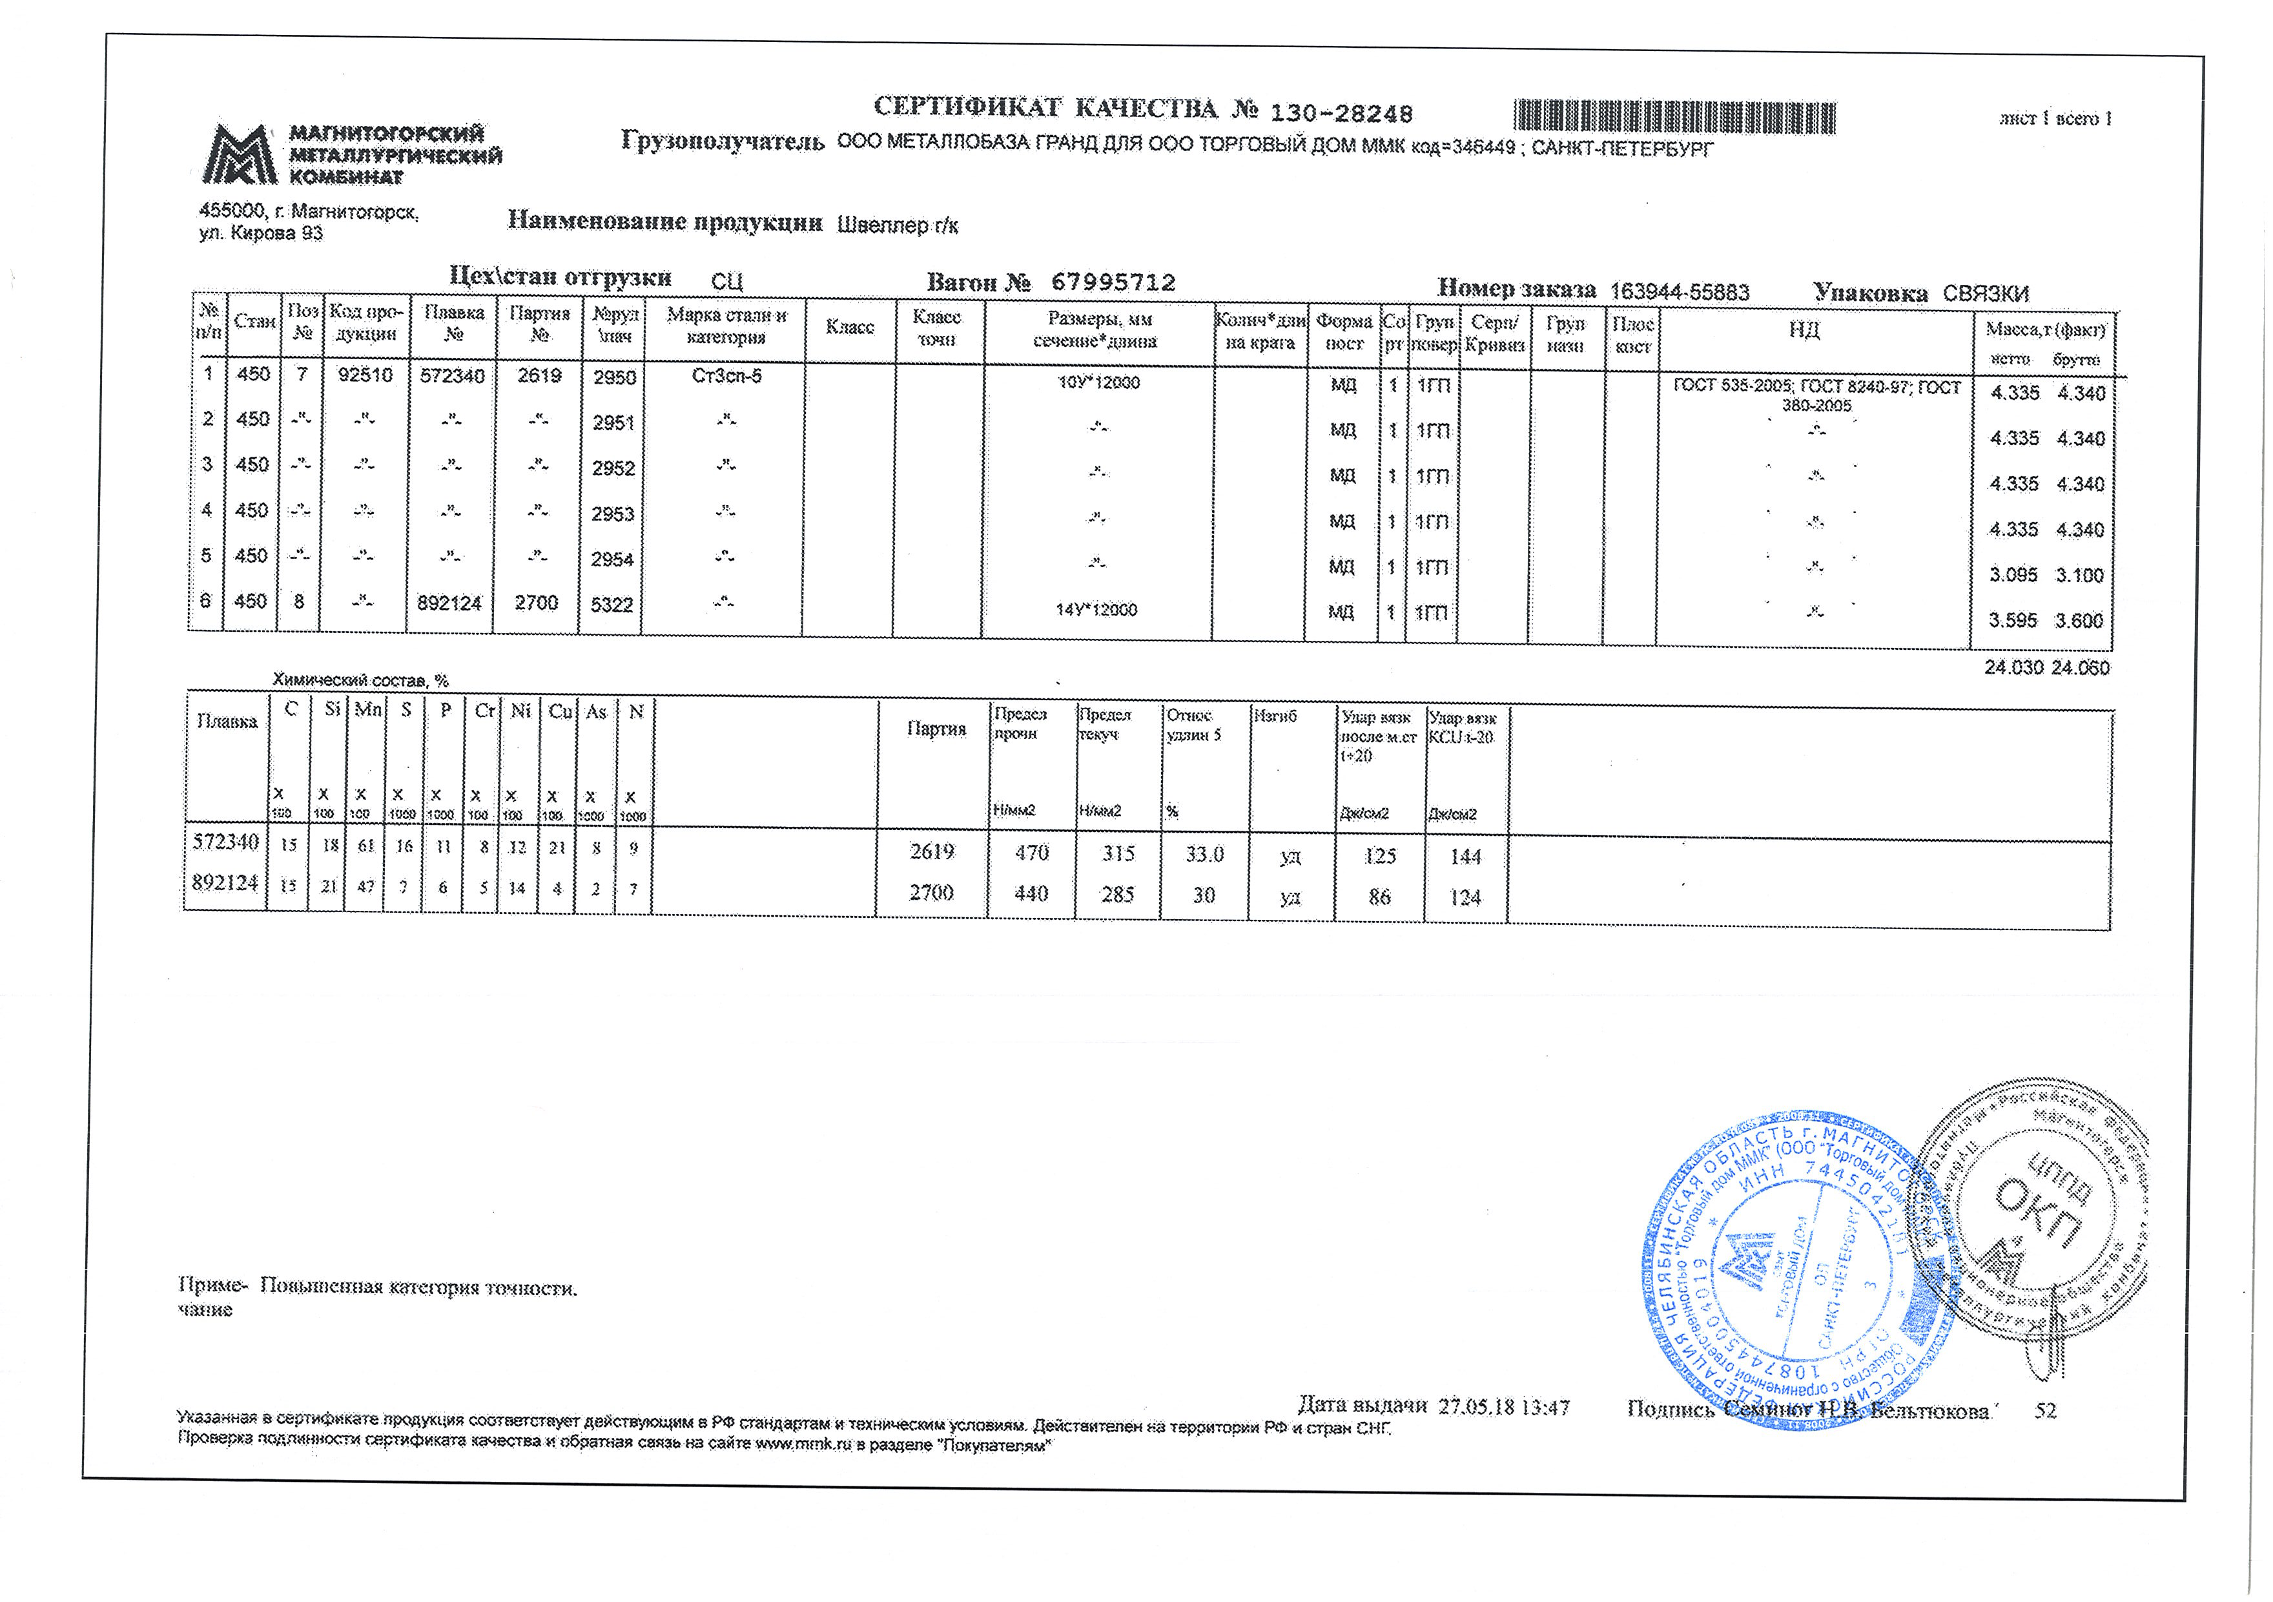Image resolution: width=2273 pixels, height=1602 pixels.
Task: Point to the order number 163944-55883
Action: coord(1680,292)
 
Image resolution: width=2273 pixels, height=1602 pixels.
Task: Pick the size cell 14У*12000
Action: coord(1096,610)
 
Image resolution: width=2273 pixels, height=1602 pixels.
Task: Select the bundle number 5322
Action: coord(612,605)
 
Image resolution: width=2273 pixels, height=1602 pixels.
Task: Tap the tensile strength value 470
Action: coord(1031,853)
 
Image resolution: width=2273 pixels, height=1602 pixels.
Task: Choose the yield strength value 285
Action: coord(1118,894)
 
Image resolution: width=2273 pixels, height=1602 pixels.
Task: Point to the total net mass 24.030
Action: coord(2013,667)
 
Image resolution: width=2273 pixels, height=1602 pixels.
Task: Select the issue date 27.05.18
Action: coord(1475,1407)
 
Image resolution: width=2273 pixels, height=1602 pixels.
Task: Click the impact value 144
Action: coord(1465,857)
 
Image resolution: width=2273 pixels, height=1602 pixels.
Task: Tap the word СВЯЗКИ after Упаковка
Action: coord(1986,294)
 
